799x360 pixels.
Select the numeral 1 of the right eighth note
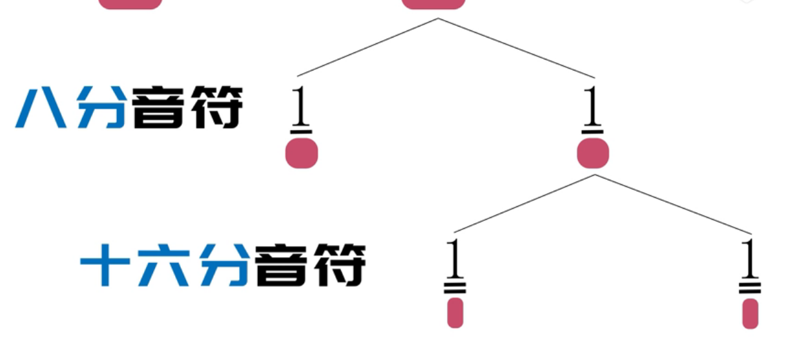click(x=592, y=106)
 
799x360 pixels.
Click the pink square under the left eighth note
click(x=302, y=154)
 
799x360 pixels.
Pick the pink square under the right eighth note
click(x=593, y=154)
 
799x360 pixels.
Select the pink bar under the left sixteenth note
click(x=455, y=313)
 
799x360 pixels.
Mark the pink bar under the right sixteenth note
click(x=750, y=313)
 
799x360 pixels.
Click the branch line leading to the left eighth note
click(x=368, y=47)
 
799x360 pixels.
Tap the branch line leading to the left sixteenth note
click(x=524, y=204)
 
